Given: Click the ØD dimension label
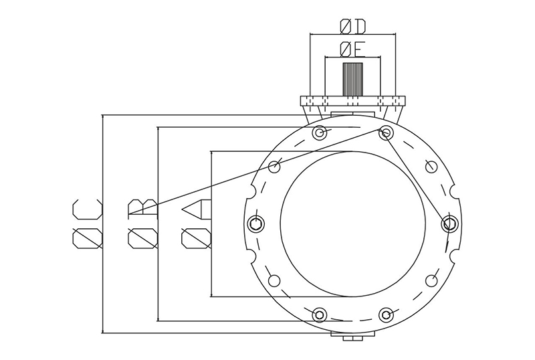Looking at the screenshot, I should pyautogui.click(x=352, y=26).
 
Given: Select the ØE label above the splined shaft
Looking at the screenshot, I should pyautogui.click(x=352, y=48).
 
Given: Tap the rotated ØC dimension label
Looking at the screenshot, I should pyautogui.click(x=88, y=223).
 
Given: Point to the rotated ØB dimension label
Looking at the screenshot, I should pyautogui.click(x=142, y=223).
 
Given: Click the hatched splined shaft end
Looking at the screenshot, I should pyautogui.click(x=352, y=78).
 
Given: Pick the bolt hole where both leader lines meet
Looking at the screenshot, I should pyautogui.click(x=386, y=132).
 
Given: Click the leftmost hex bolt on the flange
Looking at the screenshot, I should pyautogui.click(x=255, y=223).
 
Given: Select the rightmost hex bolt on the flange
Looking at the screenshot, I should pyautogui.click(x=449, y=223).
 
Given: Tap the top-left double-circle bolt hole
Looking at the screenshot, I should pyautogui.click(x=320, y=132).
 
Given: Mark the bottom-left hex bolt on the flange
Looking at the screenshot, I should pyautogui.click(x=320, y=314).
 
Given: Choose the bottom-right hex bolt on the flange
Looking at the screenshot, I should pyautogui.click(x=386, y=314).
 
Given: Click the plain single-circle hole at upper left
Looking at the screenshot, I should pyautogui.click(x=274, y=166).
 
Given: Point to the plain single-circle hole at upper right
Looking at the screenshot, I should pyautogui.click(x=431, y=166).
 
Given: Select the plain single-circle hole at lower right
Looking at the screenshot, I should pyautogui.click(x=431, y=280).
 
